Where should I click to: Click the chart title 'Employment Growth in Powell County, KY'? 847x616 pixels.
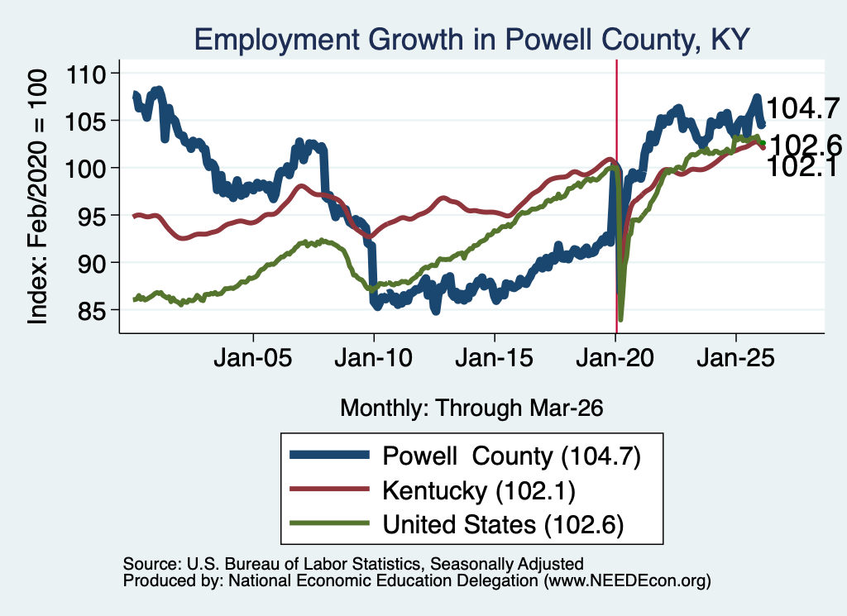pyautogui.click(x=471, y=40)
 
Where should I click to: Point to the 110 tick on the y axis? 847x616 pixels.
pyautogui.click(x=85, y=74)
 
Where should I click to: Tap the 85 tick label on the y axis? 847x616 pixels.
pyautogui.click(x=91, y=310)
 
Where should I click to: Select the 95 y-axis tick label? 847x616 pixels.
pyautogui.click(x=91, y=216)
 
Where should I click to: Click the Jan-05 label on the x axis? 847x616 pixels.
pyautogui.click(x=253, y=358)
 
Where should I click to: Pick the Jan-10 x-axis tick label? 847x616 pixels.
pyautogui.click(x=373, y=358)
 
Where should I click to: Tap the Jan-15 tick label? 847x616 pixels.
pyautogui.click(x=495, y=358)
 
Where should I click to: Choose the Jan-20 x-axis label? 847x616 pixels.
pyautogui.click(x=615, y=358)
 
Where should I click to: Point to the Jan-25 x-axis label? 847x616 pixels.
pyautogui.click(x=735, y=358)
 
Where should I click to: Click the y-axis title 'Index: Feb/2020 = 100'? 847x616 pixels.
pyautogui.click(x=37, y=197)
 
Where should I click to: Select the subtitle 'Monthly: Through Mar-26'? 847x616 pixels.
pyautogui.click(x=471, y=408)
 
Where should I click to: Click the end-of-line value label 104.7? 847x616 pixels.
pyautogui.click(x=803, y=108)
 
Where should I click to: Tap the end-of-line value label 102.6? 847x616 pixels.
pyautogui.click(x=806, y=146)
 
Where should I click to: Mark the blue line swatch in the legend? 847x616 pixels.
pyautogui.click(x=329, y=455)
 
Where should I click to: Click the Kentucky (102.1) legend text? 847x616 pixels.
pyautogui.click(x=479, y=491)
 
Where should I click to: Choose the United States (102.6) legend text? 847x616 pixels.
pyautogui.click(x=503, y=525)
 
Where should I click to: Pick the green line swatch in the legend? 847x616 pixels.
pyautogui.click(x=329, y=523)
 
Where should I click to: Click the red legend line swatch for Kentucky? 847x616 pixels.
pyautogui.click(x=329, y=489)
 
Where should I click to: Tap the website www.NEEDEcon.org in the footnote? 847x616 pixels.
pyautogui.click(x=627, y=581)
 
